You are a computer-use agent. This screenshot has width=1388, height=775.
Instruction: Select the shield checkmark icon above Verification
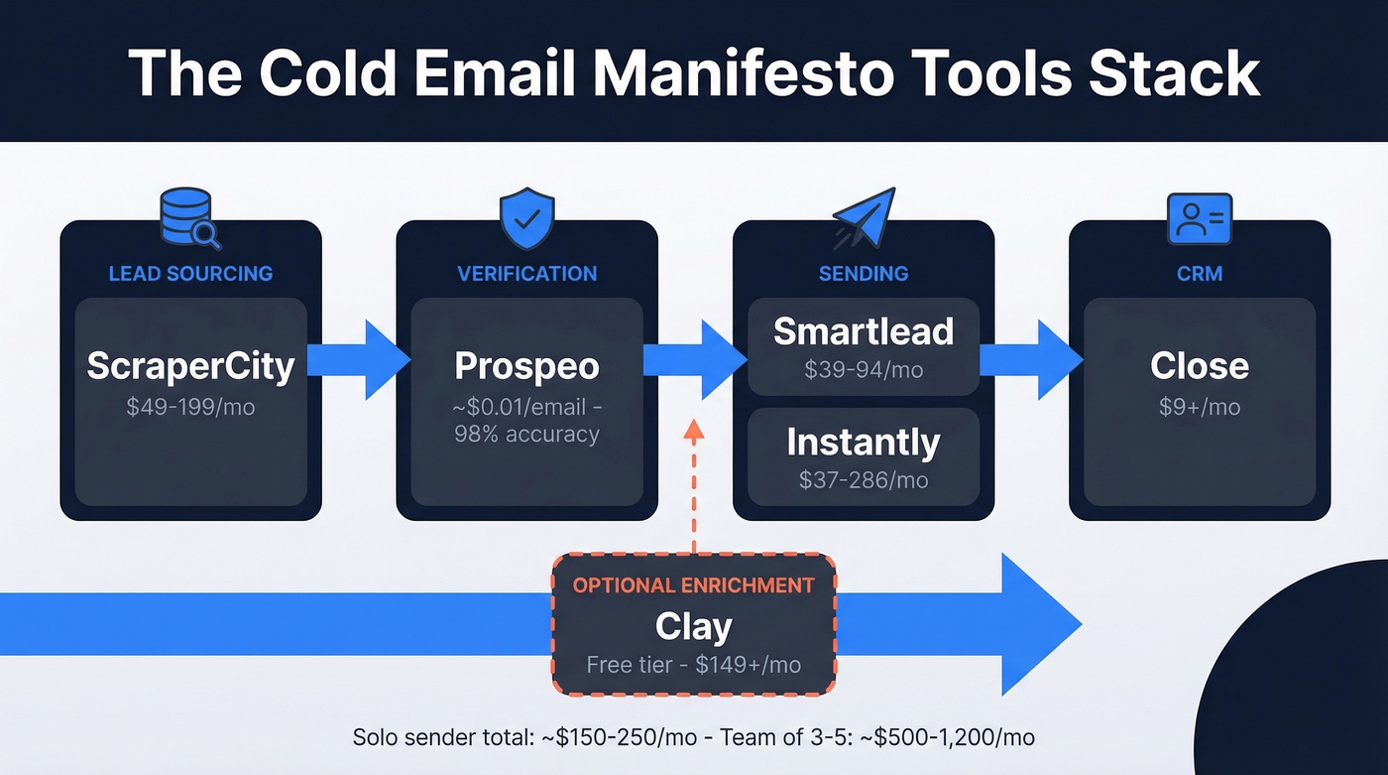coord(526,219)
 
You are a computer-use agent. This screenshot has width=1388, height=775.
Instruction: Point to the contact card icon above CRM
coord(1200,218)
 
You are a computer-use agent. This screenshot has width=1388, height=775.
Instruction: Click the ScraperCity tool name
coord(190,366)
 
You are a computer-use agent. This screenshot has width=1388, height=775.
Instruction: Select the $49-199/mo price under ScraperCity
coord(190,407)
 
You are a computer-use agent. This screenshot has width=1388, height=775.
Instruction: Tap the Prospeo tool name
coord(526,366)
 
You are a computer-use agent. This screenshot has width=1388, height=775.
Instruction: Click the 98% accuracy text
coord(526,434)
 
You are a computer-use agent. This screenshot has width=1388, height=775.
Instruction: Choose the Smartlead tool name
coord(863,330)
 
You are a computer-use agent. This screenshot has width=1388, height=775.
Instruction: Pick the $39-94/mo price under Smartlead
coord(863,370)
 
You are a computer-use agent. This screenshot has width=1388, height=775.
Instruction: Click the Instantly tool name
coord(863,442)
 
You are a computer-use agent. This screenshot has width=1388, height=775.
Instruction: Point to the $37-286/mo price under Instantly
coord(863,480)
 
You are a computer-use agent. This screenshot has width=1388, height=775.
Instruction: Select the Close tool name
coord(1200,366)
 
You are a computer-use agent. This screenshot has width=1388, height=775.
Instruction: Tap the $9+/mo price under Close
coord(1200,407)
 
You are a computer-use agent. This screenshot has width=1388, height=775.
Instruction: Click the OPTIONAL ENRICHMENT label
coord(693,584)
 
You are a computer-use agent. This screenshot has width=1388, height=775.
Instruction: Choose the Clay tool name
coord(693,626)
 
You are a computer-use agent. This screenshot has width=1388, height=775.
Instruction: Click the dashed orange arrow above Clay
coord(693,486)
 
